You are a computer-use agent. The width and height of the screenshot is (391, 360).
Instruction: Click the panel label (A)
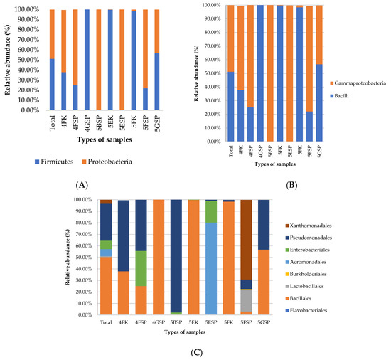[x=81, y=184]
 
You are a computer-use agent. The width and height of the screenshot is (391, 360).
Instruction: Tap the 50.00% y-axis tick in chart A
[x=28, y=60]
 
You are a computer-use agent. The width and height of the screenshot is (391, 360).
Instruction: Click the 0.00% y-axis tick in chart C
[x=85, y=315]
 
